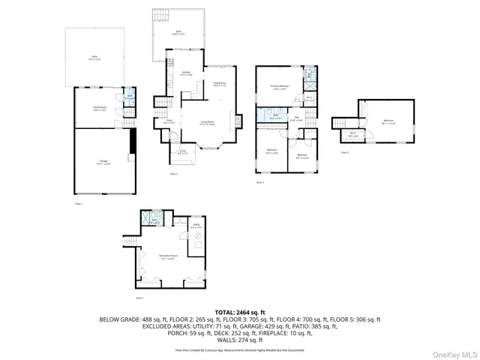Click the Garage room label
(x=103, y=161)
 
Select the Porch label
(x=182, y=151)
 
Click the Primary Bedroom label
(x=280, y=88)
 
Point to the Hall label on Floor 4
(x=297, y=118)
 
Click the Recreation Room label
(x=167, y=256)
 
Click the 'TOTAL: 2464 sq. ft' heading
(x=240, y=311)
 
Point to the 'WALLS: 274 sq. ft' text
(x=240, y=340)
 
